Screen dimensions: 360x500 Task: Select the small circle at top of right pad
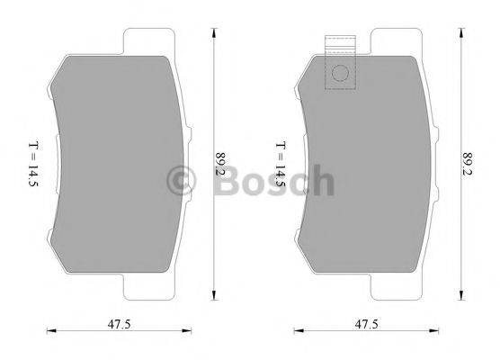(x=340, y=76)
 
